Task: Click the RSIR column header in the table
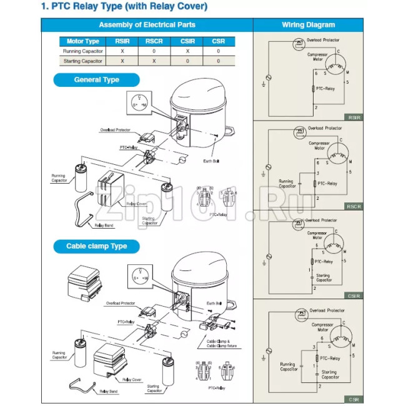tap(122, 41)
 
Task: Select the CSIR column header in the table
tap(187, 41)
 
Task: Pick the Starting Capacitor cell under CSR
tap(218, 61)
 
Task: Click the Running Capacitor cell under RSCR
tap(154, 51)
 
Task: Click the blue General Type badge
tap(96, 80)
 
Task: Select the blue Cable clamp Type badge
tap(96, 246)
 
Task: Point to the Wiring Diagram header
tap(308, 25)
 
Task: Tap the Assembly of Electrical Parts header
tap(147, 25)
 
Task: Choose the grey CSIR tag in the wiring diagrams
tap(354, 295)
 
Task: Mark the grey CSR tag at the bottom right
tap(354, 399)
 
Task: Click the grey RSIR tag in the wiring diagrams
tap(354, 117)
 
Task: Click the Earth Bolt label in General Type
tap(212, 161)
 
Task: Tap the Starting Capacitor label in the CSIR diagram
tap(324, 277)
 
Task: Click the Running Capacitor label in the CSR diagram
tap(287, 367)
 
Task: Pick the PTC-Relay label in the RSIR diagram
tap(325, 90)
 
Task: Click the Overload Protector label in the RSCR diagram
tap(325, 128)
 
